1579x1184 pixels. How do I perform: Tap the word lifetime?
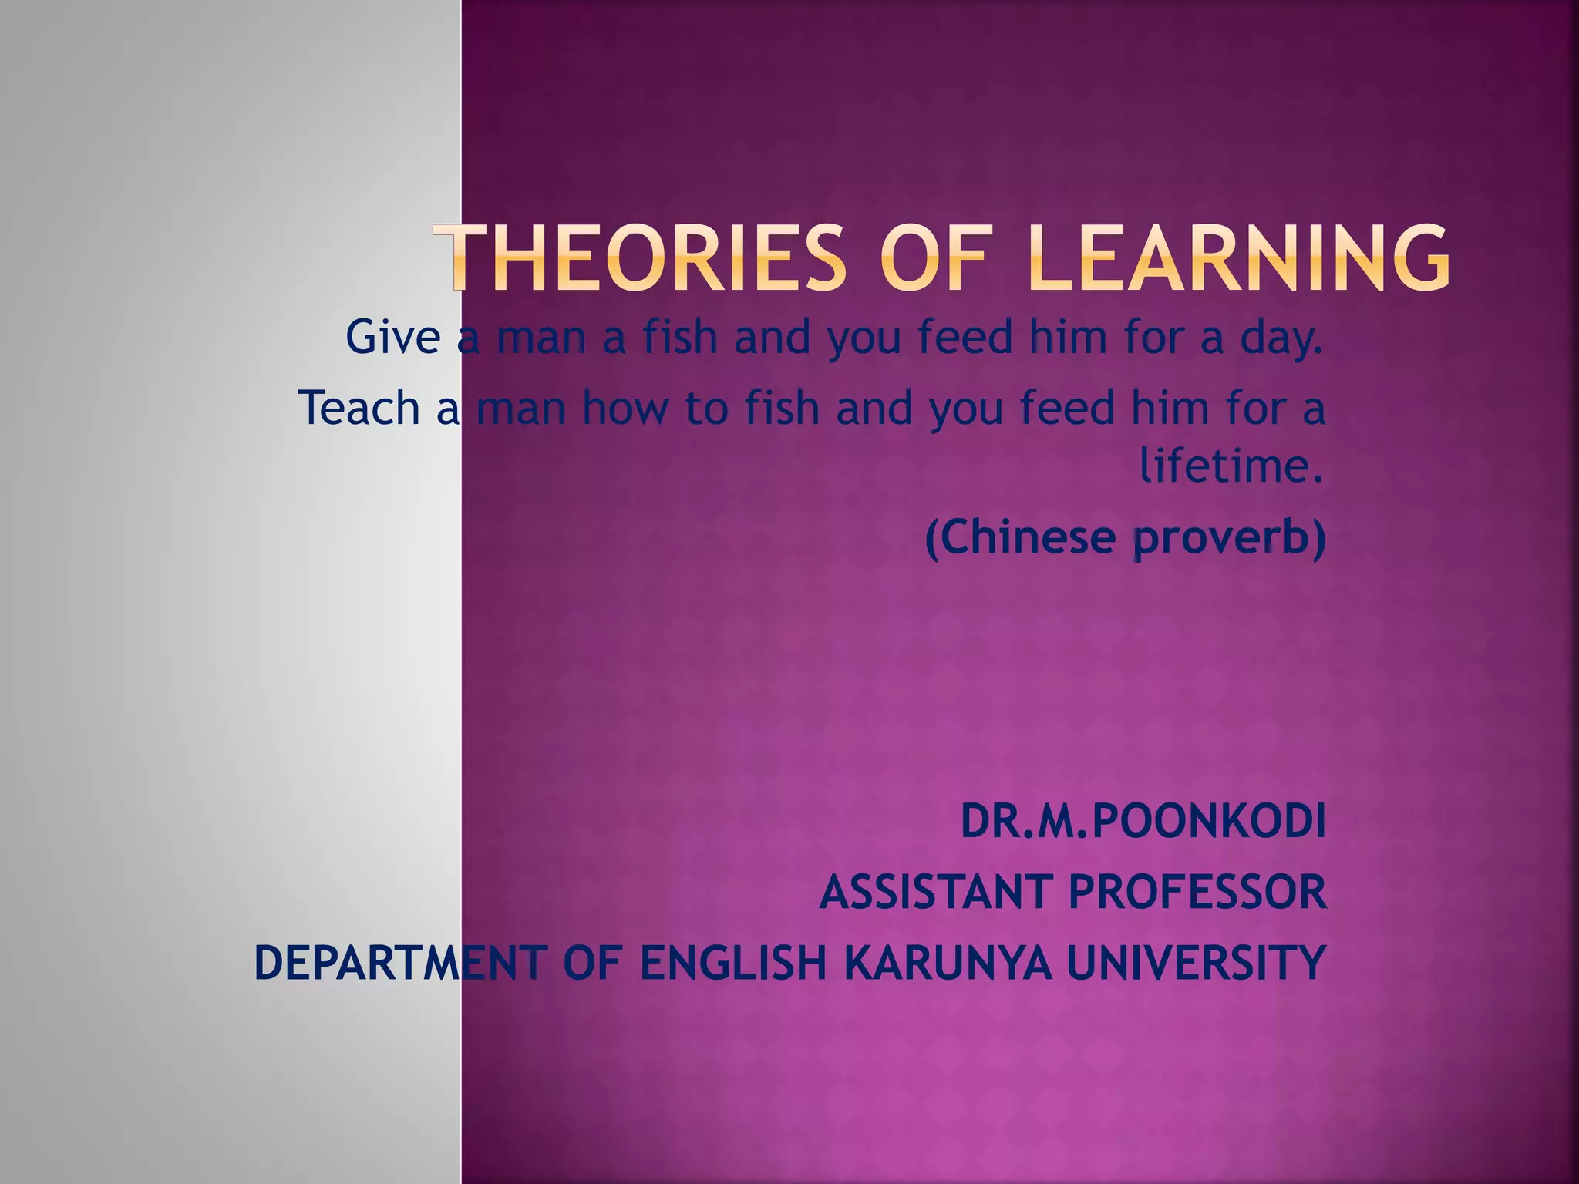[1231, 466]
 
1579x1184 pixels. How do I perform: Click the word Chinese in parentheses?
[1020, 537]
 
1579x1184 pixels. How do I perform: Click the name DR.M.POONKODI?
[1143, 821]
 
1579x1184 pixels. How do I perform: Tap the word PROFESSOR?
[1197, 892]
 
